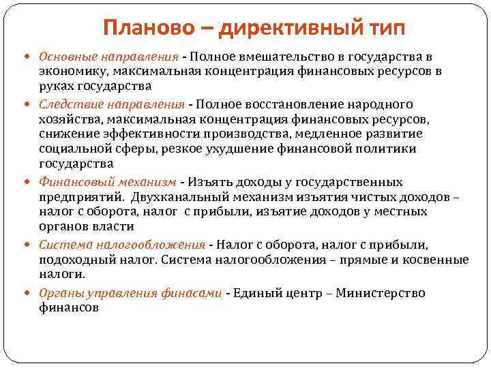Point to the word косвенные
[x=437, y=260]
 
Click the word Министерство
[x=382, y=294]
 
